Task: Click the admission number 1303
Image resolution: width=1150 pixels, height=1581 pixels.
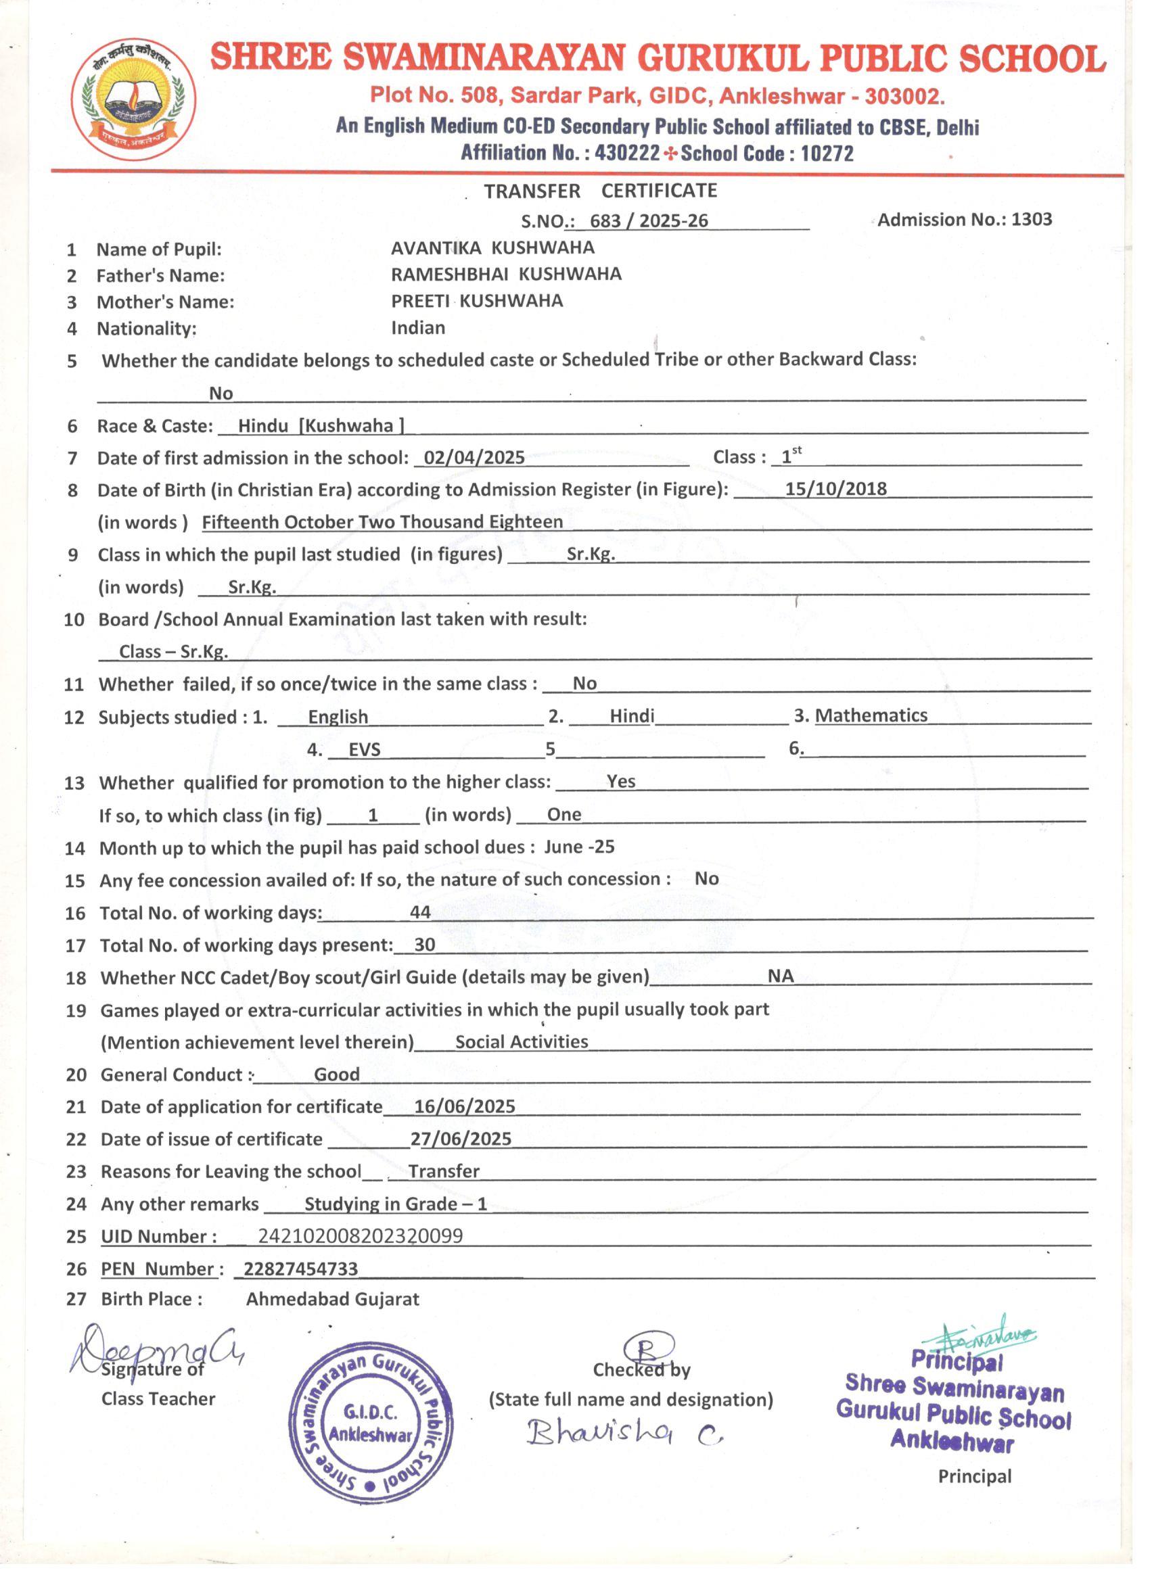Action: (x=1032, y=220)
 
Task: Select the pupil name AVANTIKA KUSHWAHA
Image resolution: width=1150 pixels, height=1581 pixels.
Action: (x=492, y=248)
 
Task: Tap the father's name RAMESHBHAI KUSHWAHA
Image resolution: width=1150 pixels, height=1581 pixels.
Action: (x=505, y=274)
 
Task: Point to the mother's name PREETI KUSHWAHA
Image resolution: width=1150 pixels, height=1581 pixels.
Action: (x=476, y=301)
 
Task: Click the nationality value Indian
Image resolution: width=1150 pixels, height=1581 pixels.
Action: (x=418, y=328)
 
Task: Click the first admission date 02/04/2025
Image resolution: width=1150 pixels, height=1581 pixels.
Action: (x=474, y=458)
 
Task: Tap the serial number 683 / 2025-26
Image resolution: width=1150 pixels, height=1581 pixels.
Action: (x=649, y=221)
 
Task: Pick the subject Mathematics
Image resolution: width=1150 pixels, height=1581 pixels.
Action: (x=871, y=716)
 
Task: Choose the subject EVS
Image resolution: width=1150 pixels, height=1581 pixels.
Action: (x=364, y=750)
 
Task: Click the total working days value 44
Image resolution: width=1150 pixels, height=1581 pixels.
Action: (x=420, y=912)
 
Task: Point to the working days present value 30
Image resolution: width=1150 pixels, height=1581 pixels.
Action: (x=425, y=945)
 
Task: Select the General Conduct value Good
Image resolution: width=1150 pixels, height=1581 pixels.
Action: (x=337, y=1075)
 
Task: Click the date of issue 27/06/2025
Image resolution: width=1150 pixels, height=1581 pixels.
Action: (x=461, y=1139)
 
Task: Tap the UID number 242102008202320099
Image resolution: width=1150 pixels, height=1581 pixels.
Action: (x=360, y=1236)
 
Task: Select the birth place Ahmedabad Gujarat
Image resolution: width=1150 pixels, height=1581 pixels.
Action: (x=333, y=1300)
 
